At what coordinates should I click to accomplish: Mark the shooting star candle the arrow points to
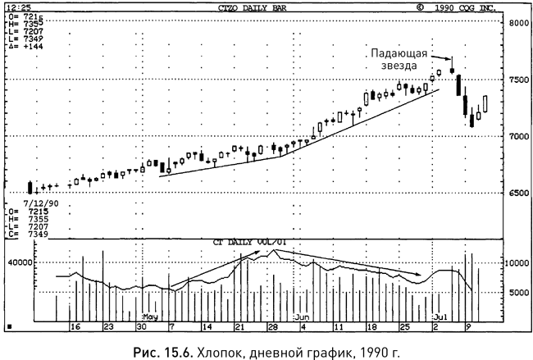(450, 70)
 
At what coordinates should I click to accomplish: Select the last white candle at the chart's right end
(485, 104)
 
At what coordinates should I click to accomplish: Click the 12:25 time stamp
(16, 7)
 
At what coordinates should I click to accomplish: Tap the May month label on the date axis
(149, 316)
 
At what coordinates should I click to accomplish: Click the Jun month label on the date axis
(302, 316)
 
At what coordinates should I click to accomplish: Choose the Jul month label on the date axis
(440, 316)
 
